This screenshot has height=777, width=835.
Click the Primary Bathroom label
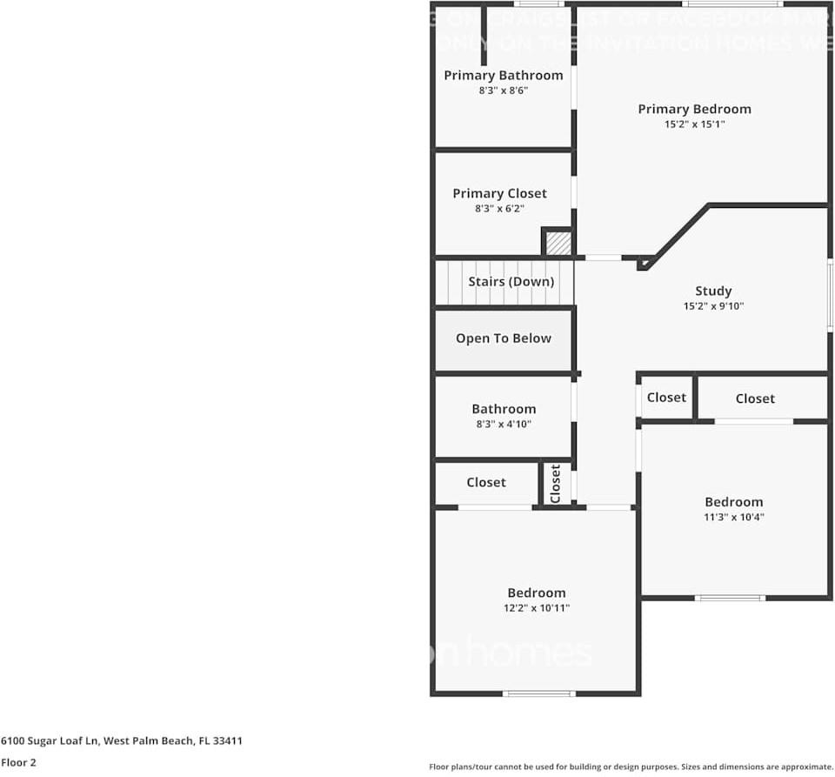503,76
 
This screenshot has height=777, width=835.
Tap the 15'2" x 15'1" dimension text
694,124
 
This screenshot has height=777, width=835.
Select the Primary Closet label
499,193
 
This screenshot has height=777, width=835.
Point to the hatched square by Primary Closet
558,243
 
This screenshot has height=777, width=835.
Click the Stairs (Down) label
511,282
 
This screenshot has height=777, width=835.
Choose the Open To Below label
503,338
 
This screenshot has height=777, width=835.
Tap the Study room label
713,291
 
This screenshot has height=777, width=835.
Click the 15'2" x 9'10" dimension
713,306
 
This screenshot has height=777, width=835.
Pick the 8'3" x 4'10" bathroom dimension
503,425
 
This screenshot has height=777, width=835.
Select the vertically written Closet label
556,484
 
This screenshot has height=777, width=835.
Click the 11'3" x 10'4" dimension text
733,518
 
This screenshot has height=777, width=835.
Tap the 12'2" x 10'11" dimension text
536,608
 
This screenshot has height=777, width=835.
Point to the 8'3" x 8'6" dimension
503,90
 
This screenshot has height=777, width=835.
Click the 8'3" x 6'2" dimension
499,209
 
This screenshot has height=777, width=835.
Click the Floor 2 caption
18,762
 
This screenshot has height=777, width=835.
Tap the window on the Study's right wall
830,296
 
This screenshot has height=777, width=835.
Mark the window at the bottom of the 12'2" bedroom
539,693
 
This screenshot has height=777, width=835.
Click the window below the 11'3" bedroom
730,598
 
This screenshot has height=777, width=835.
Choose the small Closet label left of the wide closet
666,398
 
